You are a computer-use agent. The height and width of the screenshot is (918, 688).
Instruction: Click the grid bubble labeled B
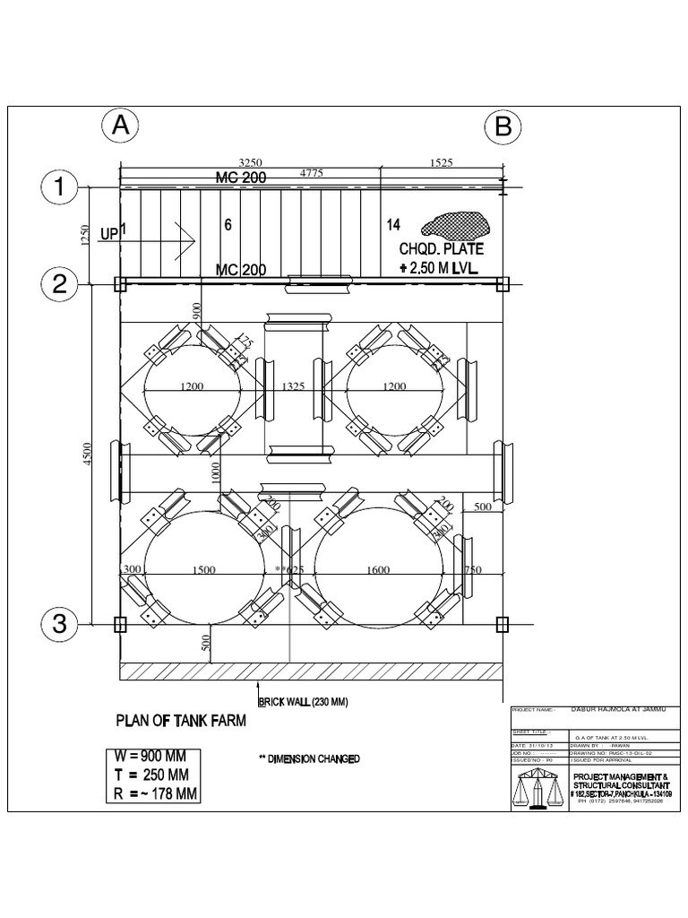pos(503,127)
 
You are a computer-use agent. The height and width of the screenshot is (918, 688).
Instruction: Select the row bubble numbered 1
pos(60,188)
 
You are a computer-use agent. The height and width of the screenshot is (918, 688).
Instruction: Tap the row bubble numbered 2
pos(60,285)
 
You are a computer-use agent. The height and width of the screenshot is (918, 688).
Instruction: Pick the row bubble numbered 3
pos(60,624)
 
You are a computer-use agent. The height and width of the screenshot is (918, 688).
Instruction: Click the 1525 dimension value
pos(442,163)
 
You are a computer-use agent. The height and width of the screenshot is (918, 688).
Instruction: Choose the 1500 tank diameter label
pos(204,569)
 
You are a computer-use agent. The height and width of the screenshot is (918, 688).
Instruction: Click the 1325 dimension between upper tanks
pos(294,387)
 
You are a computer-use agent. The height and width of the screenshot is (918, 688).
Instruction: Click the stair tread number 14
pos(392,224)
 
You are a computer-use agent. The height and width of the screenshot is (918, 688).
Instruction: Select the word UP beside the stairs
pos(109,234)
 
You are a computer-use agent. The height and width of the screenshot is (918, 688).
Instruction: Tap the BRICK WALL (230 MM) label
pos(303,702)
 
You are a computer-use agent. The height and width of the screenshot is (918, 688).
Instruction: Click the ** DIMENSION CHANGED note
pos(309,759)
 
